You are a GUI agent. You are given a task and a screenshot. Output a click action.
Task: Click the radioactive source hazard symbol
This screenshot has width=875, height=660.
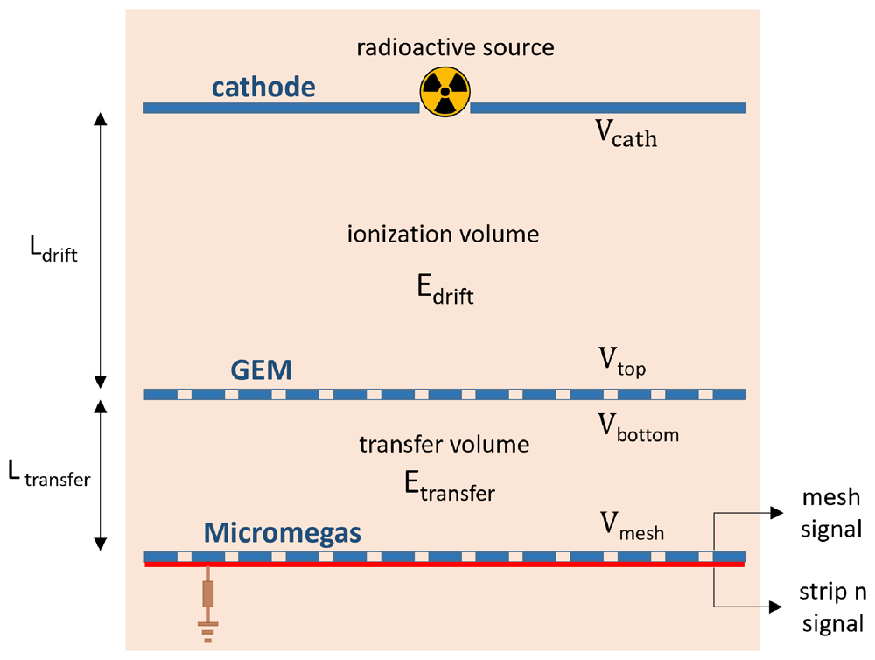(x=444, y=92)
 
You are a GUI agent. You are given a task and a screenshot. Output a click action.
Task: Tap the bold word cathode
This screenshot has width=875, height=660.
(x=263, y=88)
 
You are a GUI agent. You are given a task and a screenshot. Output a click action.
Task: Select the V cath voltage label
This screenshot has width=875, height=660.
(x=626, y=134)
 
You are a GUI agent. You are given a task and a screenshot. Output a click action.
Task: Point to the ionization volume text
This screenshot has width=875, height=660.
(x=443, y=234)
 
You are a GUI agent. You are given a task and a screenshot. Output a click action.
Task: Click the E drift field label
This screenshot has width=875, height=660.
(x=445, y=290)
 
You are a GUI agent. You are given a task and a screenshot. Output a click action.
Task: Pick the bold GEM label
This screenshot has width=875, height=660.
(x=261, y=369)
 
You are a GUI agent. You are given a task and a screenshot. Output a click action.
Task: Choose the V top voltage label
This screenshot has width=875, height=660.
(x=622, y=362)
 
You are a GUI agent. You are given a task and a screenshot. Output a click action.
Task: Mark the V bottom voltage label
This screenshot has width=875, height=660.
(x=639, y=428)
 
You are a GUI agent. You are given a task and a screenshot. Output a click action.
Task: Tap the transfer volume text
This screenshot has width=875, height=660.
(x=444, y=445)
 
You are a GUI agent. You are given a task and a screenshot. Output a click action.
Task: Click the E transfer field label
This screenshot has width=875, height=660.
(x=449, y=487)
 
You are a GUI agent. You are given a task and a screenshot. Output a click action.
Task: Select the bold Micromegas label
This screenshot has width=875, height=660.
(x=283, y=533)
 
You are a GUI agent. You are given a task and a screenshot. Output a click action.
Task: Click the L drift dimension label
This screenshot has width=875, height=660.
(x=53, y=249)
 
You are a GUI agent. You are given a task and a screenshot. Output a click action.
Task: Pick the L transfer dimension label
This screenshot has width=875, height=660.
(x=49, y=474)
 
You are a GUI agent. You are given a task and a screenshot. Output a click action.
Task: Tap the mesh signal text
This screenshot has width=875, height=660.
(x=831, y=513)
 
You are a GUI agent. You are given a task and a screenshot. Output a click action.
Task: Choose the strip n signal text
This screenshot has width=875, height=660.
(x=832, y=607)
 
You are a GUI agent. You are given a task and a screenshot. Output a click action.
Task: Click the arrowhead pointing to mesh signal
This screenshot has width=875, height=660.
(x=777, y=513)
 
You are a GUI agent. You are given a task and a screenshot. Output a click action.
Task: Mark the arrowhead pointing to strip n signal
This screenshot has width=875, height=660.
(x=776, y=607)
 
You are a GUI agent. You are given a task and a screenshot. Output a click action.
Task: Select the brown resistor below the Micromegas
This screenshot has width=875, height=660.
(x=208, y=593)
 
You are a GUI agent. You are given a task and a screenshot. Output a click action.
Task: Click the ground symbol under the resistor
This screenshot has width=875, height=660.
(x=208, y=632)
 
